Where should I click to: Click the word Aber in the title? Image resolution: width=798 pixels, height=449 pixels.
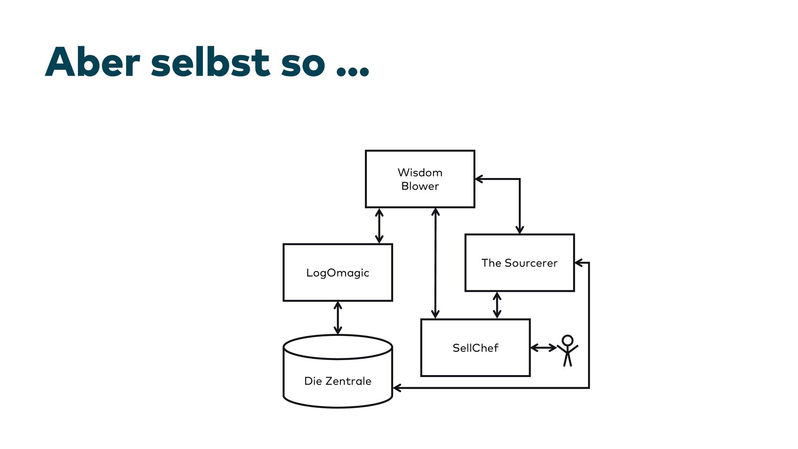(x=92, y=62)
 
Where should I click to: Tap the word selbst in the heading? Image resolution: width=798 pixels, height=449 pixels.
(x=210, y=62)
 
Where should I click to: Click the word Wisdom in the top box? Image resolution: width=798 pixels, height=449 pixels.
(x=420, y=173)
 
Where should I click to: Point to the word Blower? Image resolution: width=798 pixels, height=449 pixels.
(x=420, y=186)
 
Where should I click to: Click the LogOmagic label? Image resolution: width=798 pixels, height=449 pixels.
(x=337, y=273)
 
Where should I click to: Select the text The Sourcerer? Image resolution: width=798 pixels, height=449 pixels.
(x=519, y=263)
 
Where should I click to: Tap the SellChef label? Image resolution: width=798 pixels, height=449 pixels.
(x=475, y=348)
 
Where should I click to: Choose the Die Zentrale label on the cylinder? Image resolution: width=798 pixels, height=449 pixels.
(x=337, y=381)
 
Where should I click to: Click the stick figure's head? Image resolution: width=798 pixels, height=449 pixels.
(x=567, y=340)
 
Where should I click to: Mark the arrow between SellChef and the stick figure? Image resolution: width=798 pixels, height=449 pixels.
(x=544, y=348)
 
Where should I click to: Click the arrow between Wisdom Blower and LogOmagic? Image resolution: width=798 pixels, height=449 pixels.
(x=379, y=226)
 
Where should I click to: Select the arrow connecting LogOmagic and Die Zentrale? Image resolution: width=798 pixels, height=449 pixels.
(x=338, y=318)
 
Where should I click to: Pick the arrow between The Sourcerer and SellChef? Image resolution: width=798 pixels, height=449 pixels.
(x=497, y=305)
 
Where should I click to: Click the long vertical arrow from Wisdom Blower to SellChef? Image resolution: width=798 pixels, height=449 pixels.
(x=435, y=263)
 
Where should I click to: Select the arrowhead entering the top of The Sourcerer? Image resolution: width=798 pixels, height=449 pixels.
(x=520, y=230)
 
